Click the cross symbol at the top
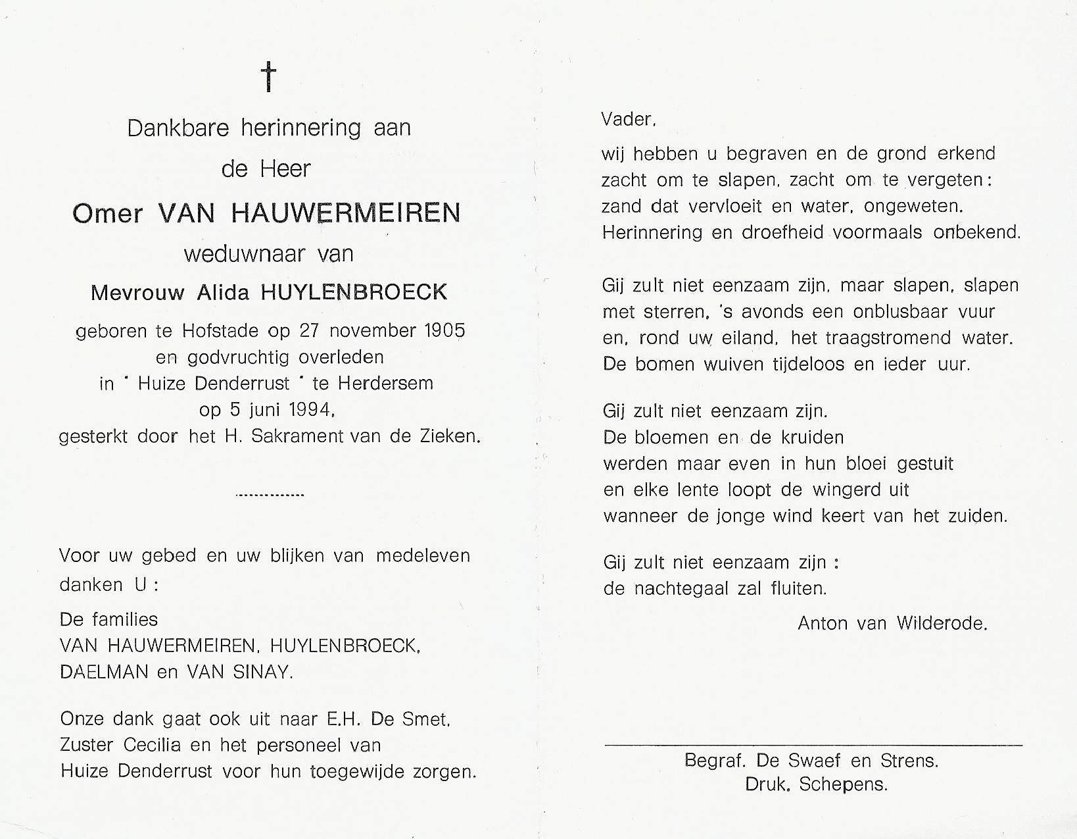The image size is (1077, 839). tap(269, 77)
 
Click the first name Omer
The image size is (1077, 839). tap(107, 213)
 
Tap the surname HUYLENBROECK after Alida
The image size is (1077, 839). tap(355, 292)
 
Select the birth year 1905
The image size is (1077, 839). tap(445, 330)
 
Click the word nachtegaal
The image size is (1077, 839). tap(682, 588)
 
